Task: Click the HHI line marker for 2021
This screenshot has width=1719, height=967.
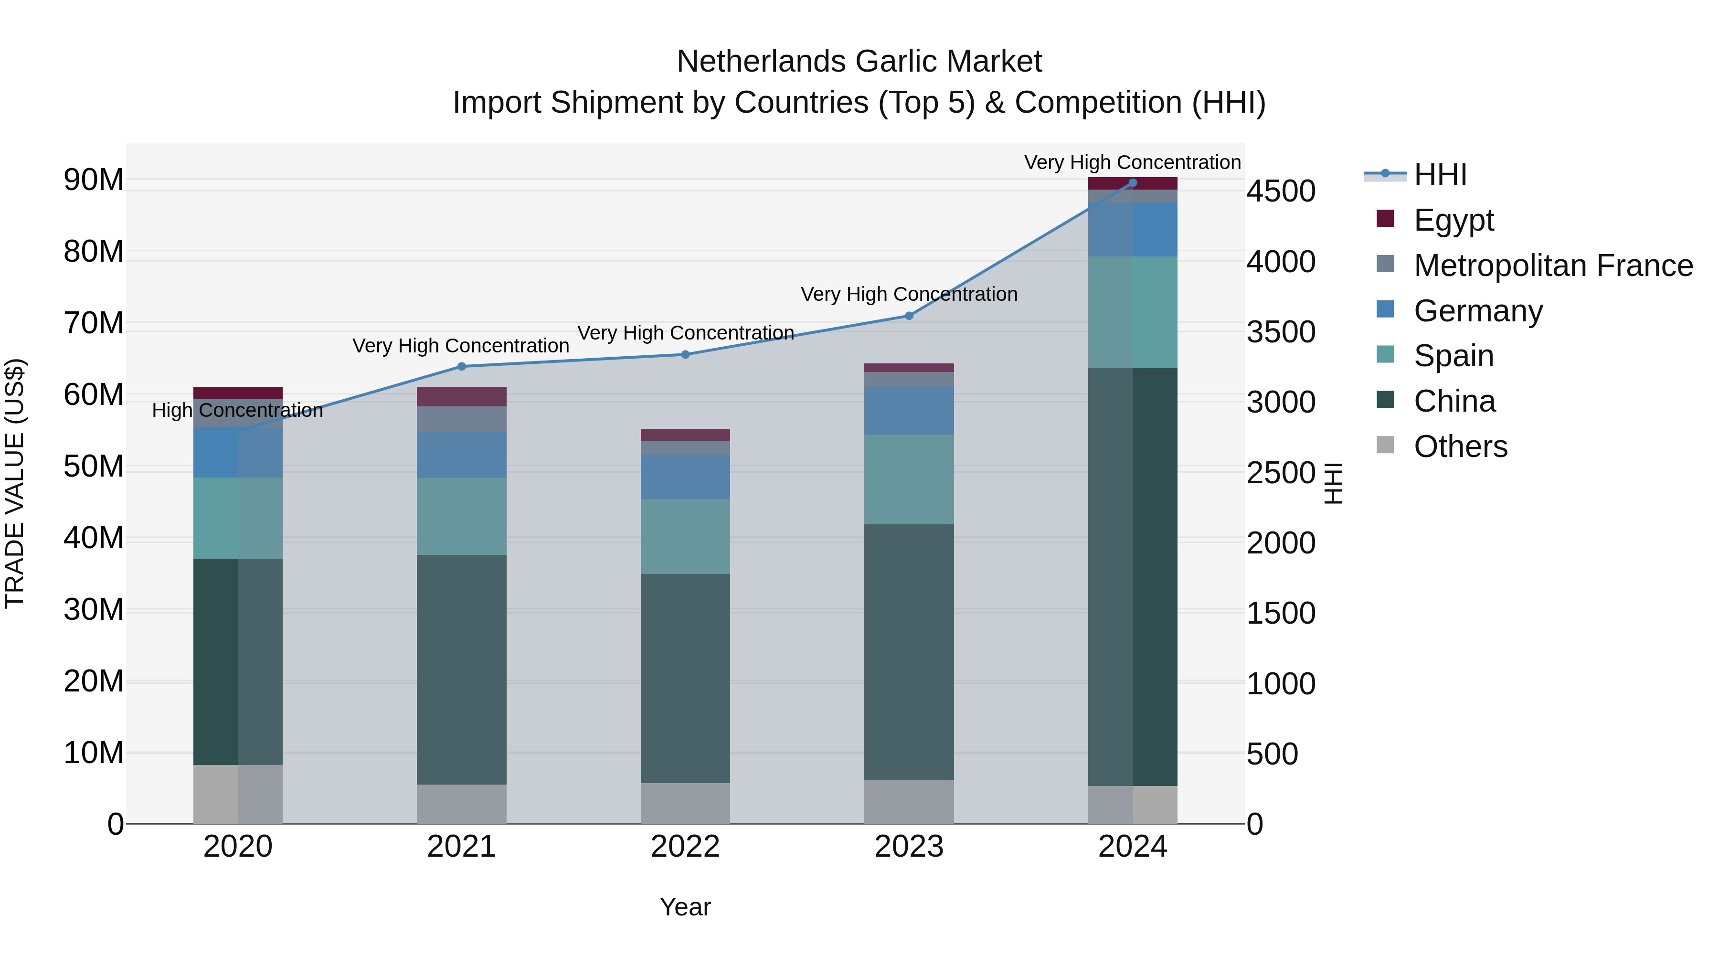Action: pyautogui.click(x=461, y=366)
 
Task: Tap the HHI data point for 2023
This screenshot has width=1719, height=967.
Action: pyautogui.click(x=908, y=316)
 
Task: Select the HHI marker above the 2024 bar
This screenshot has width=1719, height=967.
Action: pyautogui.click(x=1133, y=183)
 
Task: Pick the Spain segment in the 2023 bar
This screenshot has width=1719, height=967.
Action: pyautogui.click(x=908, y=479)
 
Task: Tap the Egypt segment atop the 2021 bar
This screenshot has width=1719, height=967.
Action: pyautogui.click(x=461, y=396)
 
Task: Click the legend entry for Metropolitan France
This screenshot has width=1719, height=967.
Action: pyautogui.click(x=1553, y=266)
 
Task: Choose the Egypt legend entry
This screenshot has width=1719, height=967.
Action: pyautogui.click(x=1454, y=220)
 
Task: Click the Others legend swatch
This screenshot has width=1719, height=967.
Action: pyautogui.click(x=1385, y=445)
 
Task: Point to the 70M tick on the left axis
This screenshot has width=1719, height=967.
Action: pyautogui.click(x=94, y=323)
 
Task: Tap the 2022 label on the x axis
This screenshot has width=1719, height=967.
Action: pyautogui.click(x=685, y=847)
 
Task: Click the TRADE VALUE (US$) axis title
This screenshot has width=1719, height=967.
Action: pyautogui.click(x=15, y=483)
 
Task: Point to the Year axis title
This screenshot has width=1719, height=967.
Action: pyautogui.click(x=685, y=907)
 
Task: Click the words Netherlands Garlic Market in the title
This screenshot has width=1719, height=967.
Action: pyautogui.click(x=859, y=62)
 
